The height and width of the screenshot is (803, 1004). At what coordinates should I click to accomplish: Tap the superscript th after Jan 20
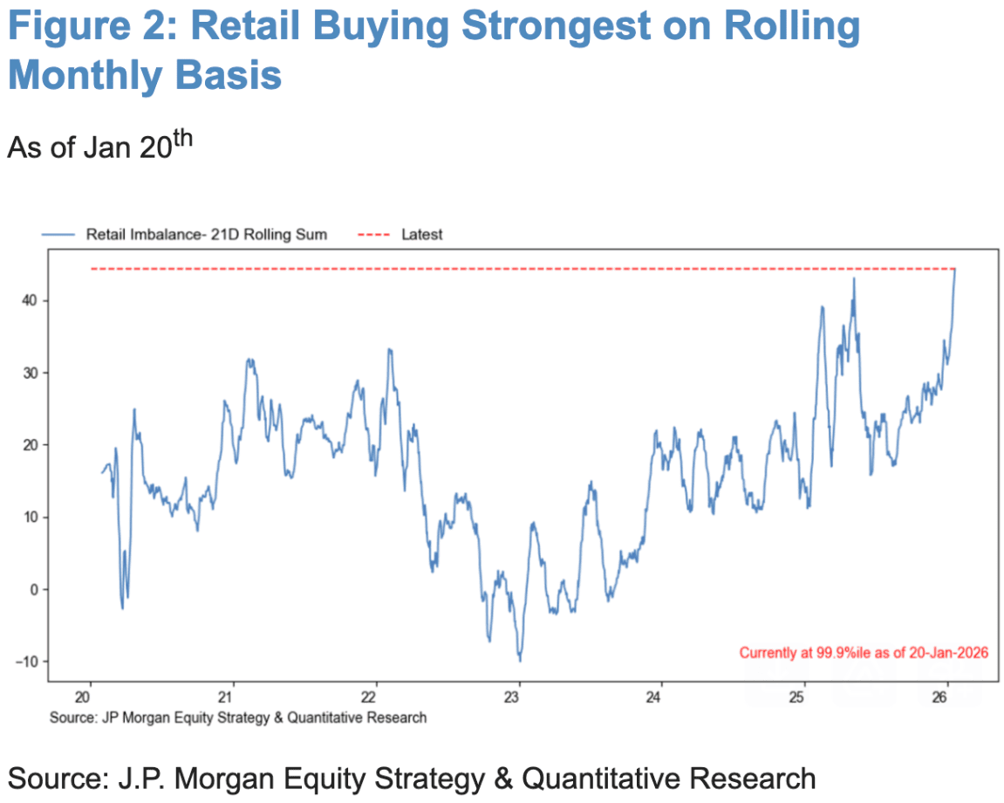point(175,141)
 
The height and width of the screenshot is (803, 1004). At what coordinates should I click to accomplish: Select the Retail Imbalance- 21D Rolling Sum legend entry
point(206,235)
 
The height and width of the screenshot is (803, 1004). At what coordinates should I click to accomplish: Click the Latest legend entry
point(422,235)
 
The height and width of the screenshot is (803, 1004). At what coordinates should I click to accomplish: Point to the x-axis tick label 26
point(939,697)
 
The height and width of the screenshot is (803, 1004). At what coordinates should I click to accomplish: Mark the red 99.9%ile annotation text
point(863,652)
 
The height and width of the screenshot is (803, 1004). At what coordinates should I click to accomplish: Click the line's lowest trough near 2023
point(520,660)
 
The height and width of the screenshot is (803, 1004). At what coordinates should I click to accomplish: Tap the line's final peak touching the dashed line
point(954,270)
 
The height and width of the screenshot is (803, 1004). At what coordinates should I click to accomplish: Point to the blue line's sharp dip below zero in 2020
point(122,607)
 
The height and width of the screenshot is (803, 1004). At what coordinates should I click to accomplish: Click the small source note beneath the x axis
point(238,717)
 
